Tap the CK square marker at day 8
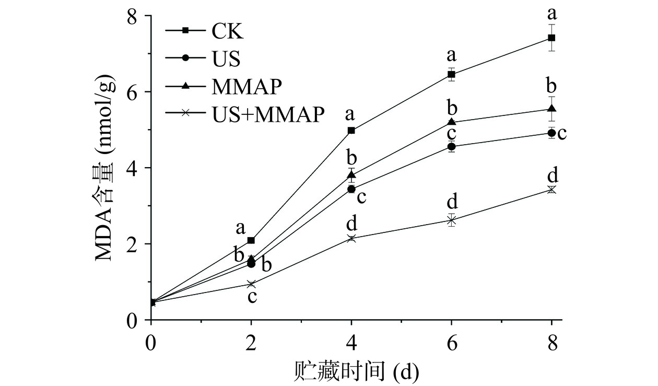551,38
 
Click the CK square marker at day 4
351,130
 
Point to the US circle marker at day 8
551,133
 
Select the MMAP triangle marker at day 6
452,122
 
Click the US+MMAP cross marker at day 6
452,220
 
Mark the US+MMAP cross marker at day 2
251,284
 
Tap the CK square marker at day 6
452,74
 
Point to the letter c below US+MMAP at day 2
252,297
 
